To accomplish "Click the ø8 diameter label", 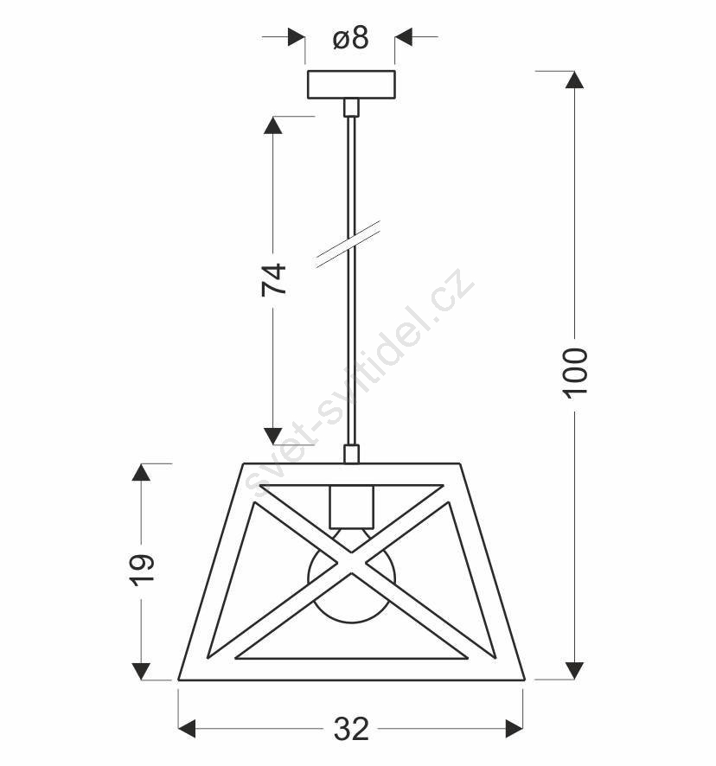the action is click(x=350, y=38).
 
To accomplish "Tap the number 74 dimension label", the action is click(x=273, y=279).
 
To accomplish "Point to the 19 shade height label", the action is click(x=142, y=569).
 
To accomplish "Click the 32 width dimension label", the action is click(x=351, y=729).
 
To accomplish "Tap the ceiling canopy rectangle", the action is click(x=351, y=85).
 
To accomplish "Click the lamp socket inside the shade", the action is click(x=351, y=507).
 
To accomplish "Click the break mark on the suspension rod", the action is click(x=348, y=244).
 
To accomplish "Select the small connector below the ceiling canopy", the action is click(x=351, y=107).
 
